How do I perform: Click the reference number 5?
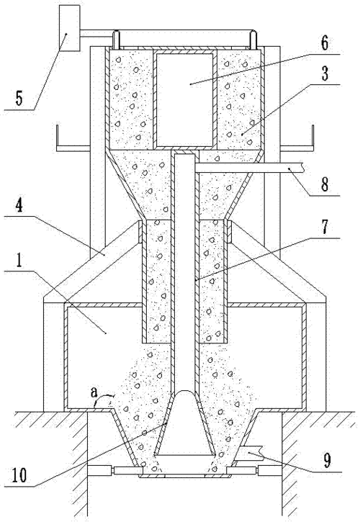(x=19, y=98)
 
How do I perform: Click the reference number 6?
(x=324, y=43)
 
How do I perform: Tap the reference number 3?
(x=325, y=73)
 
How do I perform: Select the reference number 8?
(x=325, y=184)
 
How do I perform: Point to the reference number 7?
(x=324, y=226)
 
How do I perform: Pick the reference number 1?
(x=19, y=260)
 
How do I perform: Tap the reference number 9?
(x=327, y=460)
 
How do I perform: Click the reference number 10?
(x=19, y=475)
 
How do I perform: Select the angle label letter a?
(x=94, y=392)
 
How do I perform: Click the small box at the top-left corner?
(x=69, y=28)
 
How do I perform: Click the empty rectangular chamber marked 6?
(x=185, y=100)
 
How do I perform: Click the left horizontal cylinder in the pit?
(x=99, y=470)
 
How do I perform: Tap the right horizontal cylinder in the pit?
(x=270, y=470)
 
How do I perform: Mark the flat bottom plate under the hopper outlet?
(x=185, y=477)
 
